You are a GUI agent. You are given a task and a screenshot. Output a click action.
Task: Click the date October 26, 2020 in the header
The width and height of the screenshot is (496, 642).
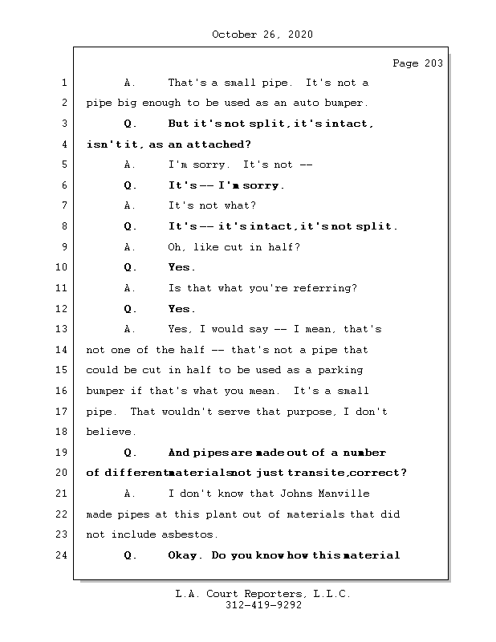click(x=262, y=35)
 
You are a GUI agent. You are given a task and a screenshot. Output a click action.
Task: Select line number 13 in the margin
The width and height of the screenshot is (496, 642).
click(x=63, y=329)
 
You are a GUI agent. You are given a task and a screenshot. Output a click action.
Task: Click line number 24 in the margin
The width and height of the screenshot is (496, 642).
click(x=63, y=555)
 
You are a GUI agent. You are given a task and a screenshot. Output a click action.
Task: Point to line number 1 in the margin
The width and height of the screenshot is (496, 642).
click(x=63, y=83)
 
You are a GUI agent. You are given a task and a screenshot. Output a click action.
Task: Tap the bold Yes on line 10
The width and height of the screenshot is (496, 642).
click(x=181, y=267)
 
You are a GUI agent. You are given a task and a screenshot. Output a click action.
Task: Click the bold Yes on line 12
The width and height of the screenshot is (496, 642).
click(x=181, y=309)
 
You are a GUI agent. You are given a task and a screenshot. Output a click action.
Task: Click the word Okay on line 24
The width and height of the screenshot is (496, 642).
click(x=183, y=555)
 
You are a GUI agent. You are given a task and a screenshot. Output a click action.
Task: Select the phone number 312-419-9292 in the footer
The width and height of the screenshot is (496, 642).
click(x=262, y=606)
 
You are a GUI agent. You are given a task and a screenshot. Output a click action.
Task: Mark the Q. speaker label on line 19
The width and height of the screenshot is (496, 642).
click(x=131, y=453)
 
